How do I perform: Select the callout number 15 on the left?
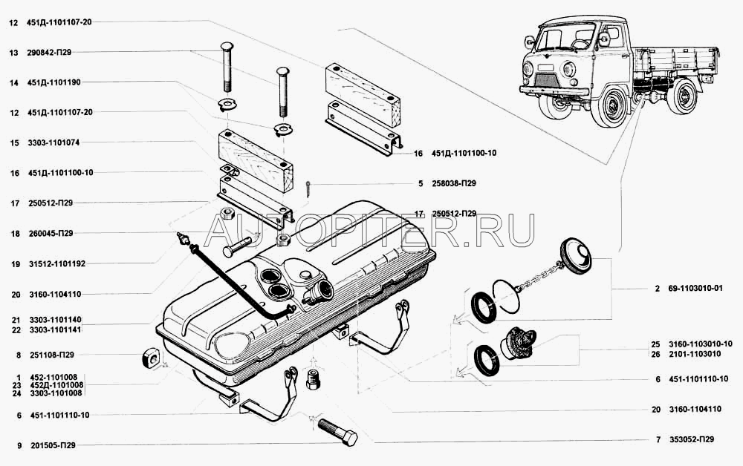pyautogui.click(x=13, y=142)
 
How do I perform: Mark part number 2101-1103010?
pyautogui.click(x=701, y=354)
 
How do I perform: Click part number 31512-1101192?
pyautogui.click(x=58, y=263)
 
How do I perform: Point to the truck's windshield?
pyautogui.click(x=568, y=36)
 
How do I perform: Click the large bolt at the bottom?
pyautogui.click(x=337, y=432)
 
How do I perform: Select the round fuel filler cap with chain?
pyautogui.click(x=576, y=256)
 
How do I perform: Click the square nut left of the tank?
pyautogui.click(x=152, y=359)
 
